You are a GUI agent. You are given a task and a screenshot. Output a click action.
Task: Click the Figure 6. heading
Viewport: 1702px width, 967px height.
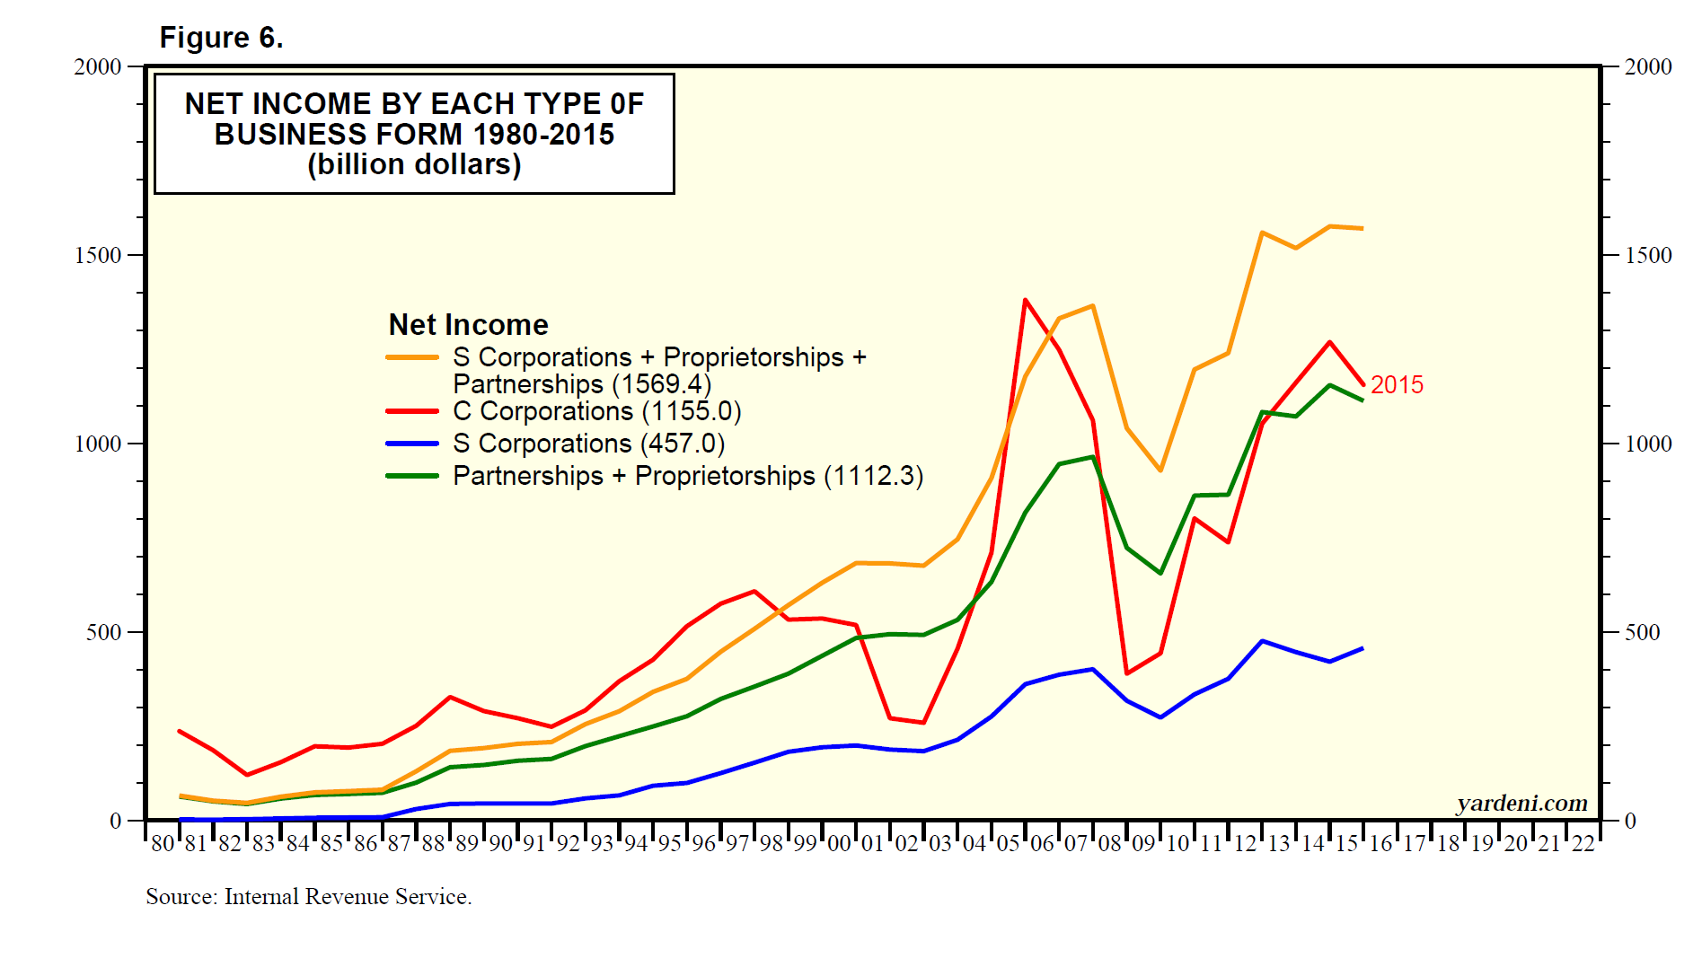(x=221, y=38)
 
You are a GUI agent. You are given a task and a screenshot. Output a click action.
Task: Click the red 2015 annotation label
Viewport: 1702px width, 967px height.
(x=1397, y=385)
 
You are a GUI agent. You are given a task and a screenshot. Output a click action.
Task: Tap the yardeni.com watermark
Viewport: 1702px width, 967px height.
(x=1521, y=803)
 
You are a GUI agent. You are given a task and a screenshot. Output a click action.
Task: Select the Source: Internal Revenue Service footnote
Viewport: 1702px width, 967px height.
(x=308, y=896)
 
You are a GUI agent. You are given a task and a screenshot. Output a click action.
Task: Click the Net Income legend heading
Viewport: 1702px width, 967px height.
(x=468, y=324)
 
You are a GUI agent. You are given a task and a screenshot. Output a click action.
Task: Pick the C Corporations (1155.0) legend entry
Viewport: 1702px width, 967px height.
(x=596, y=411)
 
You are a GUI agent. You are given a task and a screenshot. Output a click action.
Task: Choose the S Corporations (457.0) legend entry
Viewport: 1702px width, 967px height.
(x=588, y=444)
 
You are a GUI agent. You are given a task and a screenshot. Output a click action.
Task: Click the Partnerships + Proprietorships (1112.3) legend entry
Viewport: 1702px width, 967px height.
(x=687, y=476)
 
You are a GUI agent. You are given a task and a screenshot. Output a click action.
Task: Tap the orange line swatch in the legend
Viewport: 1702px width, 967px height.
(x=412, y=357)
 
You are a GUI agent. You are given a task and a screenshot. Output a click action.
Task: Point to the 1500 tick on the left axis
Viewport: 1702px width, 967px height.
(x=98, y=255)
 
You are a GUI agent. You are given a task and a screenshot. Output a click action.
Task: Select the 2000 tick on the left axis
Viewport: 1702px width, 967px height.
(x=98, y=66)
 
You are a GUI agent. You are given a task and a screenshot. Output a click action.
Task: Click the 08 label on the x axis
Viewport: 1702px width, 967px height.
(x=1109, y=844)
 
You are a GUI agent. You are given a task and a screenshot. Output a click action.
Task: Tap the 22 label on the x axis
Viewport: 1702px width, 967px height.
(x=1583, y=844)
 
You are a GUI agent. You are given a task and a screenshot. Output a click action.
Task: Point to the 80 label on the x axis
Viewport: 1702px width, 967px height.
(x=163, y=844)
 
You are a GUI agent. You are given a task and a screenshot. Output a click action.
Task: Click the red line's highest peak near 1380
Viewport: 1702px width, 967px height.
(x=1025, y=301)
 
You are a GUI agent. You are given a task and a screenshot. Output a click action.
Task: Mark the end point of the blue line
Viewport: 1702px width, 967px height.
(x=1362, y=648)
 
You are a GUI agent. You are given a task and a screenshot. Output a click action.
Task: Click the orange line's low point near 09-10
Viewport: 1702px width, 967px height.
(x=1160, y=470)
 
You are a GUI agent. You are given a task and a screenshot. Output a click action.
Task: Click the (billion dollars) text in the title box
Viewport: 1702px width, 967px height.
(x=414, y=165)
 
